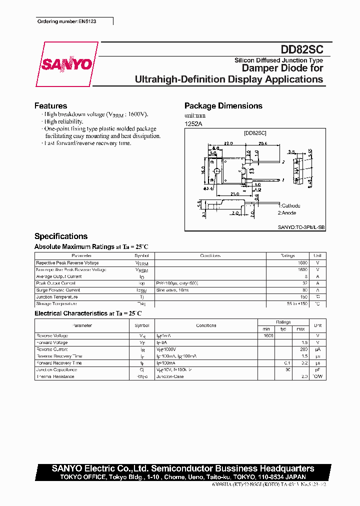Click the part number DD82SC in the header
point(302,49)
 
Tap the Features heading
point(50,106)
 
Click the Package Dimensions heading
point(223,106)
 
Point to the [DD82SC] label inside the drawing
point(255,133)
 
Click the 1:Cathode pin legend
point(290,205)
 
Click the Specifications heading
point(61,236)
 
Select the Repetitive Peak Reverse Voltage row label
point(67,263)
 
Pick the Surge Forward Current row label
point(58,290)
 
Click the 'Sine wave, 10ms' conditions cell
point(173,290)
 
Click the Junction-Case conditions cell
point(170,376)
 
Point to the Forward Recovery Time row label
point(59,363)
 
